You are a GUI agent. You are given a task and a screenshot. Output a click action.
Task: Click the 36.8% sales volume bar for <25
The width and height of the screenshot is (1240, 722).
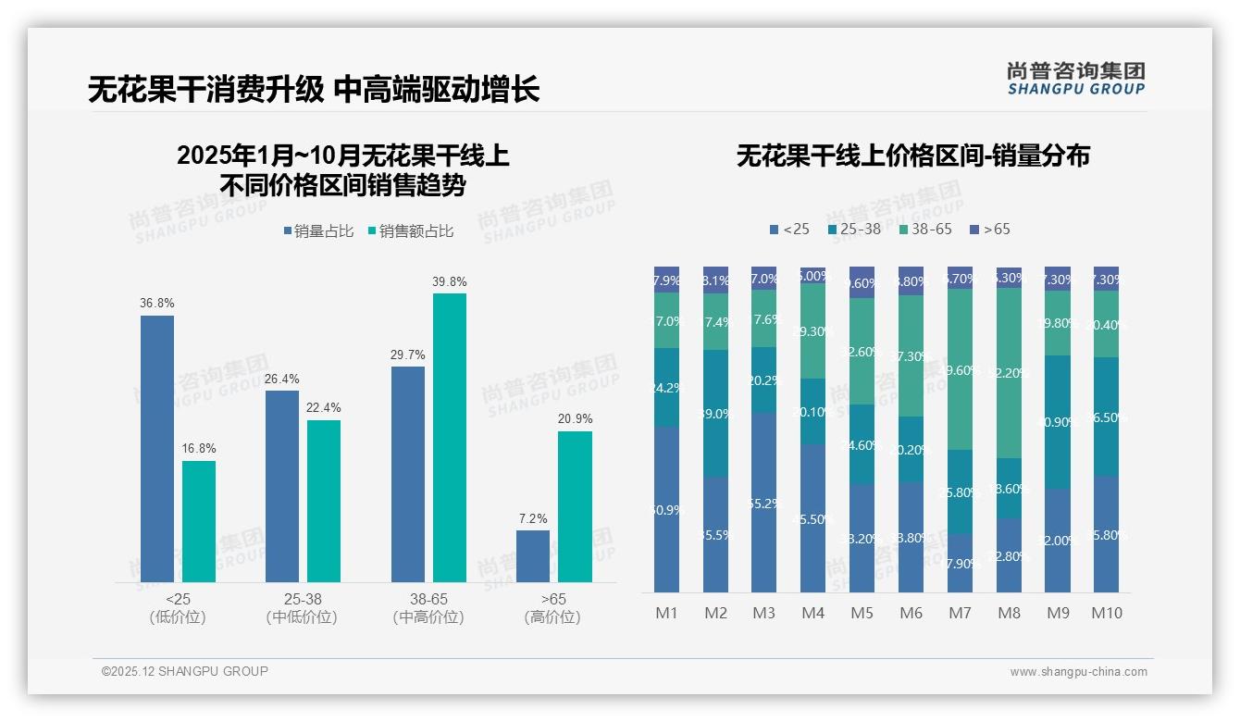[x=157, y=449]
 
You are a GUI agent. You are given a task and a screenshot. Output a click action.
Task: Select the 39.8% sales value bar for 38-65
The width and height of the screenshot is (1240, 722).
[x=450, y=438]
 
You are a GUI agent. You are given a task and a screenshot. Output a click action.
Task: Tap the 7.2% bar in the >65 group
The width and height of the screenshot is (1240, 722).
[x=533, y=556]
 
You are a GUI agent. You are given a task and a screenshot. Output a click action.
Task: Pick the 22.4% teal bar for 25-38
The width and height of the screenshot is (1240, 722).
[x=324, y=501]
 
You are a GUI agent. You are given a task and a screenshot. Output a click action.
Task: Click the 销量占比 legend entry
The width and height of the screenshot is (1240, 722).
[x=318, y=231]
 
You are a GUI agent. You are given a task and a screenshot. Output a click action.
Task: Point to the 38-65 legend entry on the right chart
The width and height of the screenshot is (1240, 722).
[x=925, y=229]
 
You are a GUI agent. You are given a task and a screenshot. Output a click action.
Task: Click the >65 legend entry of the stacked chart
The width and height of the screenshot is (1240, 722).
[x=990, y=229]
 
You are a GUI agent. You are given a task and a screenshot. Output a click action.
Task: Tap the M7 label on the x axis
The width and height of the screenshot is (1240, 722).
[x=961, y=613]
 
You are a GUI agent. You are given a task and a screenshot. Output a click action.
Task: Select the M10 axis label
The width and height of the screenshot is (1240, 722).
[x=1107, y=613]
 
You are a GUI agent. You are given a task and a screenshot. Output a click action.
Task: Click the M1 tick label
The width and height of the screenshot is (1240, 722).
[x=666, y=613]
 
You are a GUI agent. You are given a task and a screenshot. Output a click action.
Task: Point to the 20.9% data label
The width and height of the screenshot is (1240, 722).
[x=576, y=418]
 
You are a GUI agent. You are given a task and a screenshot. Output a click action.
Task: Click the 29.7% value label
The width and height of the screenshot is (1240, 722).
[x=408, y=355]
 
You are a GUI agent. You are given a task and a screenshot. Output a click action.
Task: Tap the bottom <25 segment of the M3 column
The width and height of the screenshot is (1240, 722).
[x=763, y=502]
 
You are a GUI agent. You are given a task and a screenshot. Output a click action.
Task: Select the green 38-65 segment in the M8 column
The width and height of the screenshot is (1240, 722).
[x=1010, y=373]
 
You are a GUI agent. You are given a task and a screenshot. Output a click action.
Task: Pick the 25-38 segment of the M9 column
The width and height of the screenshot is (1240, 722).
[x=1058, y=422]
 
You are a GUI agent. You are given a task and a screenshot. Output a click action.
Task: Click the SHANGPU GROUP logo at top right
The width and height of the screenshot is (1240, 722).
[x=1075, y=79]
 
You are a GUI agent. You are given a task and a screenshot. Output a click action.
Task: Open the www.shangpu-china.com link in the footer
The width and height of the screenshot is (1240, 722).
[x=1078, y=672]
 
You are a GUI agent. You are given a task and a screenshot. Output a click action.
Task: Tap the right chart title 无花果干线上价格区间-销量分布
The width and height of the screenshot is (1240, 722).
[x=912, y=156]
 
